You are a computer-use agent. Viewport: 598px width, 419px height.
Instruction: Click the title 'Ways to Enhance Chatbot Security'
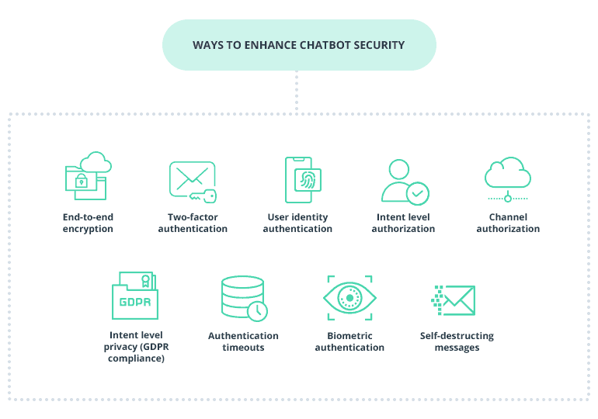coord(298,45)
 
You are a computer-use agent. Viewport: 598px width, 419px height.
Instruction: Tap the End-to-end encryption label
coord(88,223)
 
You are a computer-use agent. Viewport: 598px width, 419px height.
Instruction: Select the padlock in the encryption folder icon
coord(81,181)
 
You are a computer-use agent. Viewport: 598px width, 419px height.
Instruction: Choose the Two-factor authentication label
coord(193,223)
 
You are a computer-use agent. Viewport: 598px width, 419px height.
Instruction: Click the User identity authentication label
coord(297,223)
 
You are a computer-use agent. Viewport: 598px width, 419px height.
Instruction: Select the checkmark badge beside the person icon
coord(418,192)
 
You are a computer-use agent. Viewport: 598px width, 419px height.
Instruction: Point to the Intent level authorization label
coord(403,223)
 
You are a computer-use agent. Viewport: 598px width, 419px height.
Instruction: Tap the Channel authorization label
coord(508,223)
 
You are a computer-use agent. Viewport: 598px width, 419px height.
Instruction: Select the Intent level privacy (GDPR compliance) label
coord(135,347)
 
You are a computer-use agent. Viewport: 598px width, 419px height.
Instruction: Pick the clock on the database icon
coord(257,310)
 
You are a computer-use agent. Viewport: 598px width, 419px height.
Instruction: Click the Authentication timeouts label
coord(243,341)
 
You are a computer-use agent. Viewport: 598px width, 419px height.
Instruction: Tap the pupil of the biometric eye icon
coord(349,298)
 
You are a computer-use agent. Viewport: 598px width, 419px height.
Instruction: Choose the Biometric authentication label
coord(349,341)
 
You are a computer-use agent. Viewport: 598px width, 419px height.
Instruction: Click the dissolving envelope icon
coord(454,300)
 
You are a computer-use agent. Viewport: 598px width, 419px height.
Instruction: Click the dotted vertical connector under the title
coord(297,92)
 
